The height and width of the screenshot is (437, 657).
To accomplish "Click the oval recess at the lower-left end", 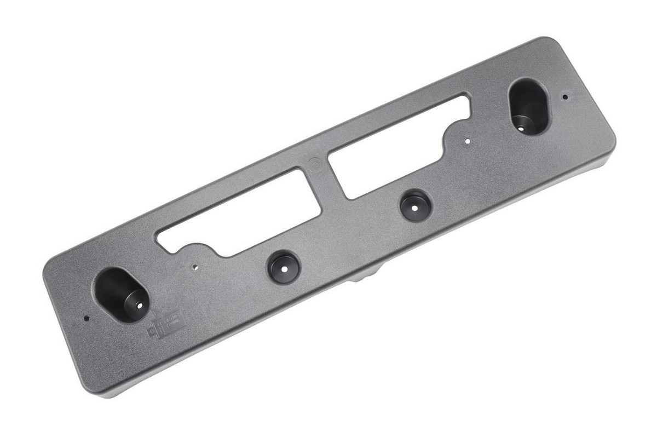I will (x=120, y=294).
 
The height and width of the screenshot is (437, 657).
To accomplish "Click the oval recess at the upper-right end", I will (x=529, y=106).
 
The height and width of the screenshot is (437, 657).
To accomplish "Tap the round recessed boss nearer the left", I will (x=284, y=267).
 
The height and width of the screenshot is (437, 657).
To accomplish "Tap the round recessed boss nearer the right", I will (x=415, y=205).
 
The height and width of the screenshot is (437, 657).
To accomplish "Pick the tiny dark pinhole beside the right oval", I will (x=565, y=97).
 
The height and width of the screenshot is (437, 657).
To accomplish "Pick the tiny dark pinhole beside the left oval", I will (x=86, y=318).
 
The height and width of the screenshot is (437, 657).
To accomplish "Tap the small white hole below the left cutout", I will (x=195, y=268).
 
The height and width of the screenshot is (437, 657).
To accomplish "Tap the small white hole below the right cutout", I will (x=467, y=141).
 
